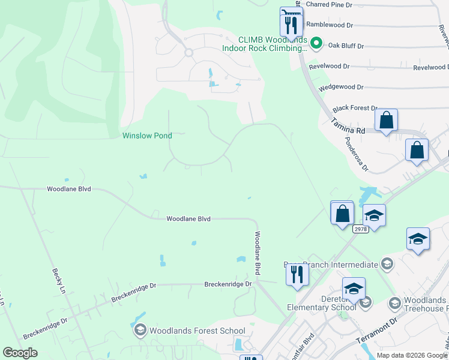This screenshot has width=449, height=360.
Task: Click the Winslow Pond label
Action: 147,136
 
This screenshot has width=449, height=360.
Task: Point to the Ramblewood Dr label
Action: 330,25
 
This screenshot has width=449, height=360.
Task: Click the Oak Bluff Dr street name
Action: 345,46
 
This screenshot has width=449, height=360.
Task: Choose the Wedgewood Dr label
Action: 341,87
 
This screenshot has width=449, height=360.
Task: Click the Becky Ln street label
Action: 59,280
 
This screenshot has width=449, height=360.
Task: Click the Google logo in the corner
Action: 20,353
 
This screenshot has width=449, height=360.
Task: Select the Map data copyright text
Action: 412,355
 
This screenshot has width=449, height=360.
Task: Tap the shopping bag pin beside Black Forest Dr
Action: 386,119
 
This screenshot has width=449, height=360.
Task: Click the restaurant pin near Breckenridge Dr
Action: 297,274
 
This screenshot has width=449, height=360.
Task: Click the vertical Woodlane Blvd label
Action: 258,253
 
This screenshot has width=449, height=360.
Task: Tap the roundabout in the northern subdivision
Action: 188,52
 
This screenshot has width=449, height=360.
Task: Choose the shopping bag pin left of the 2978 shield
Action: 342,213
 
